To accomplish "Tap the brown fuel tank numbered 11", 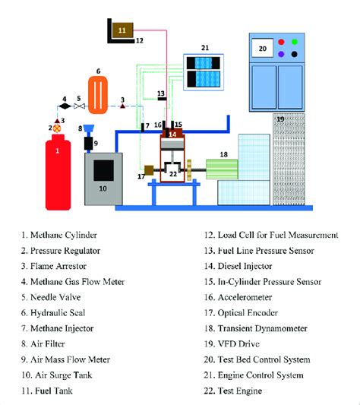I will [x=122, y=30].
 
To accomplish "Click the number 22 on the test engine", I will [x=173, y=174].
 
